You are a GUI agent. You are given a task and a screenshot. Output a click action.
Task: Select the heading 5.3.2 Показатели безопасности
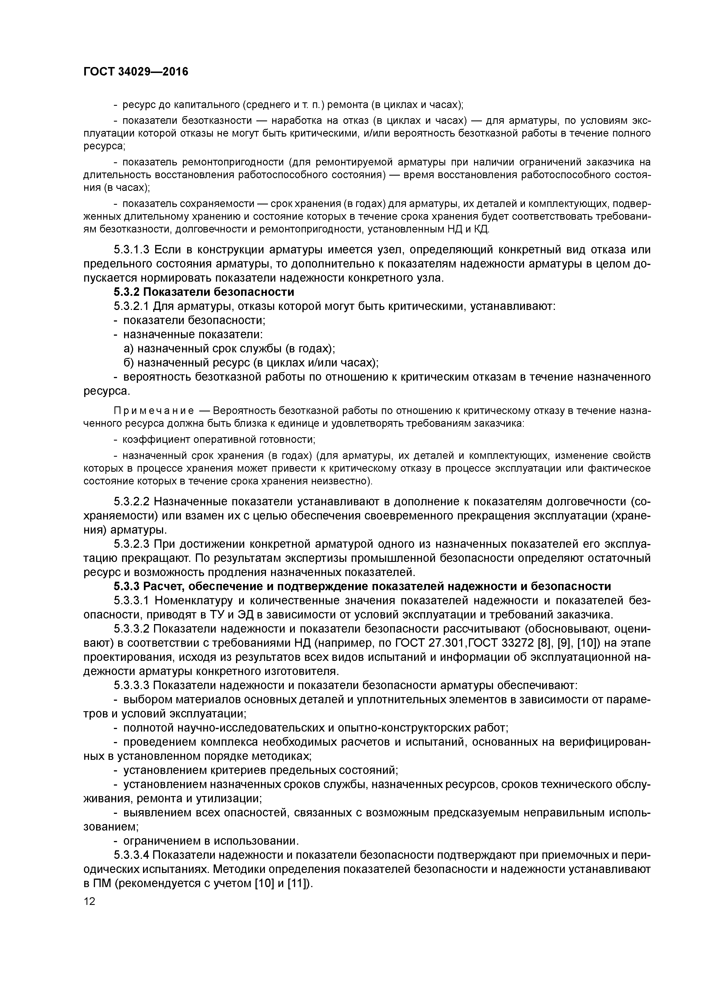(204, 292)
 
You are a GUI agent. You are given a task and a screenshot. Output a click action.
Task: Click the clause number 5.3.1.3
(131, 250)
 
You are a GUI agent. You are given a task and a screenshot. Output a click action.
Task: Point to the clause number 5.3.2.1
(131, 306)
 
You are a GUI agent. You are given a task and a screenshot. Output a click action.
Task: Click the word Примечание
(153, 410)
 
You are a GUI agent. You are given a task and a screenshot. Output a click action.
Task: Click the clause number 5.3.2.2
(131, 502)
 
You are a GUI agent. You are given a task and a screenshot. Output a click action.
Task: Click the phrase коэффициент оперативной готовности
(218, 440)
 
